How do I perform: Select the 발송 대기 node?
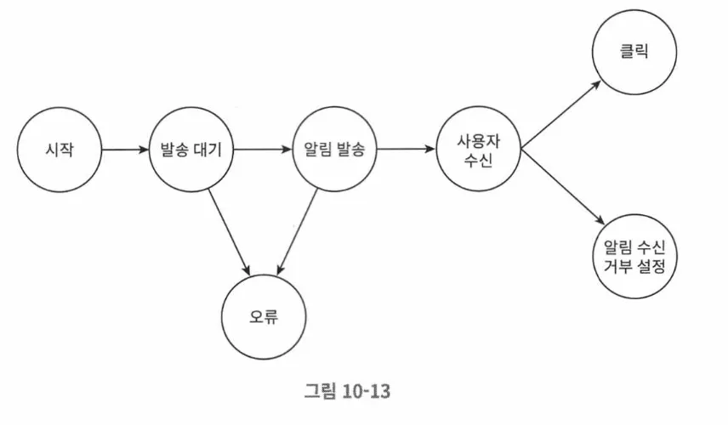tap(191, 150)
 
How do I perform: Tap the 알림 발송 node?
tap(334, 150)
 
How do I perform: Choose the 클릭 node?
tap(634, 52)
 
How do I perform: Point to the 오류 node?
tap(264, 318)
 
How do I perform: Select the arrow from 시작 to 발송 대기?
tap(124, 150)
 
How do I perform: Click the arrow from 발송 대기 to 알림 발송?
tap(262, 150)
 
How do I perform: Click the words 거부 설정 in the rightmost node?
tap(634, 265)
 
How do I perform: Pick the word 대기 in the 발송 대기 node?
tap(208, 150)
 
